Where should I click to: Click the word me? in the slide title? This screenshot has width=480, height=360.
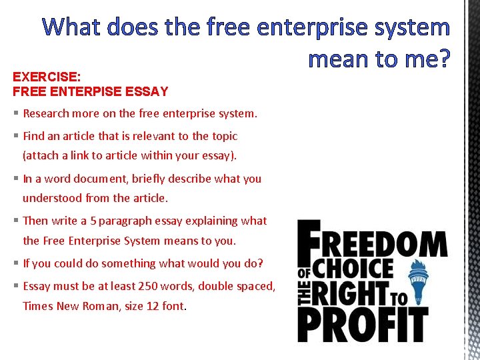coord(416,59)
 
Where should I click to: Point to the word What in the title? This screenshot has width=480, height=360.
coord(74,27)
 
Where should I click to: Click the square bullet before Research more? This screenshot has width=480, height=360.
coord(15,113)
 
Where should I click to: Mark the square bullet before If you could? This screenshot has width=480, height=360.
coord(15,263)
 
